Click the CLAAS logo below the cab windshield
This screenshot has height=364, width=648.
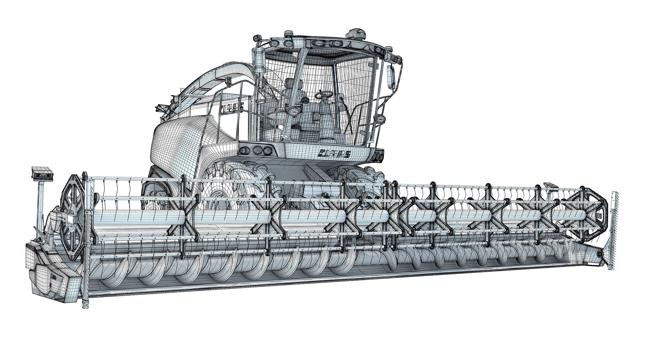[x=334, y=154]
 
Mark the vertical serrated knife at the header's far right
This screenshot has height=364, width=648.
[x=614, y=226]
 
